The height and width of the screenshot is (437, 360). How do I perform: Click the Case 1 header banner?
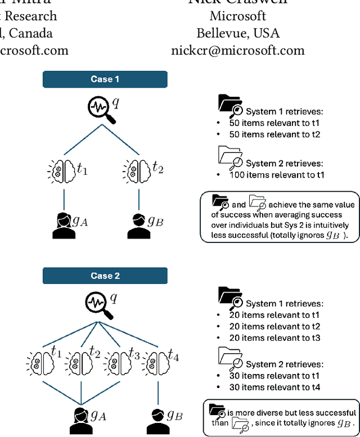tap(105, 79)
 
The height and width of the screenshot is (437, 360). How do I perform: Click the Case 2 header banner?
tap(105, 276)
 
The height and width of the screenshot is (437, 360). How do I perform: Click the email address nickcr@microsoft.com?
tap(237, 50)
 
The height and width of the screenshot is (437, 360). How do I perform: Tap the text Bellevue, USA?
tap(237, 33)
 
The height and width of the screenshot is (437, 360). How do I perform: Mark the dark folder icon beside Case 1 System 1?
tap(230, 105)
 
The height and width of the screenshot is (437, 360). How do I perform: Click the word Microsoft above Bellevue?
tap(237, 16)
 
